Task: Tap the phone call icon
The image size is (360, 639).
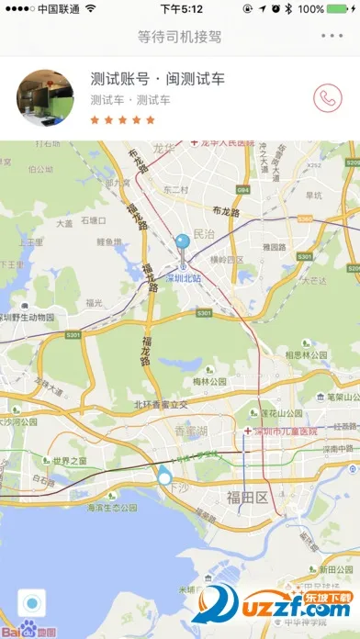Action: point(326,97)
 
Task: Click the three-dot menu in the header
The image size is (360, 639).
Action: point(332,37)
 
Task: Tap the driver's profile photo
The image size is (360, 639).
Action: point(46,97)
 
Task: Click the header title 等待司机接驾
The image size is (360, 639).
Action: point(179,37)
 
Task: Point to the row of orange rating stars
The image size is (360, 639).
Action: point(123,118)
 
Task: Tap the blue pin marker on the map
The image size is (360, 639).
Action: point(184,244)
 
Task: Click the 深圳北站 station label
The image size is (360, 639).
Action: point(184,278)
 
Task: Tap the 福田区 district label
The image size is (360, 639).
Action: point(246,497)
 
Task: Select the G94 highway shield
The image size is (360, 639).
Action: point(243,189)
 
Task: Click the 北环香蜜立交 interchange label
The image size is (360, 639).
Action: point(161,404)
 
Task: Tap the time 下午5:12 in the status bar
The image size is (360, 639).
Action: point(181,9)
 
